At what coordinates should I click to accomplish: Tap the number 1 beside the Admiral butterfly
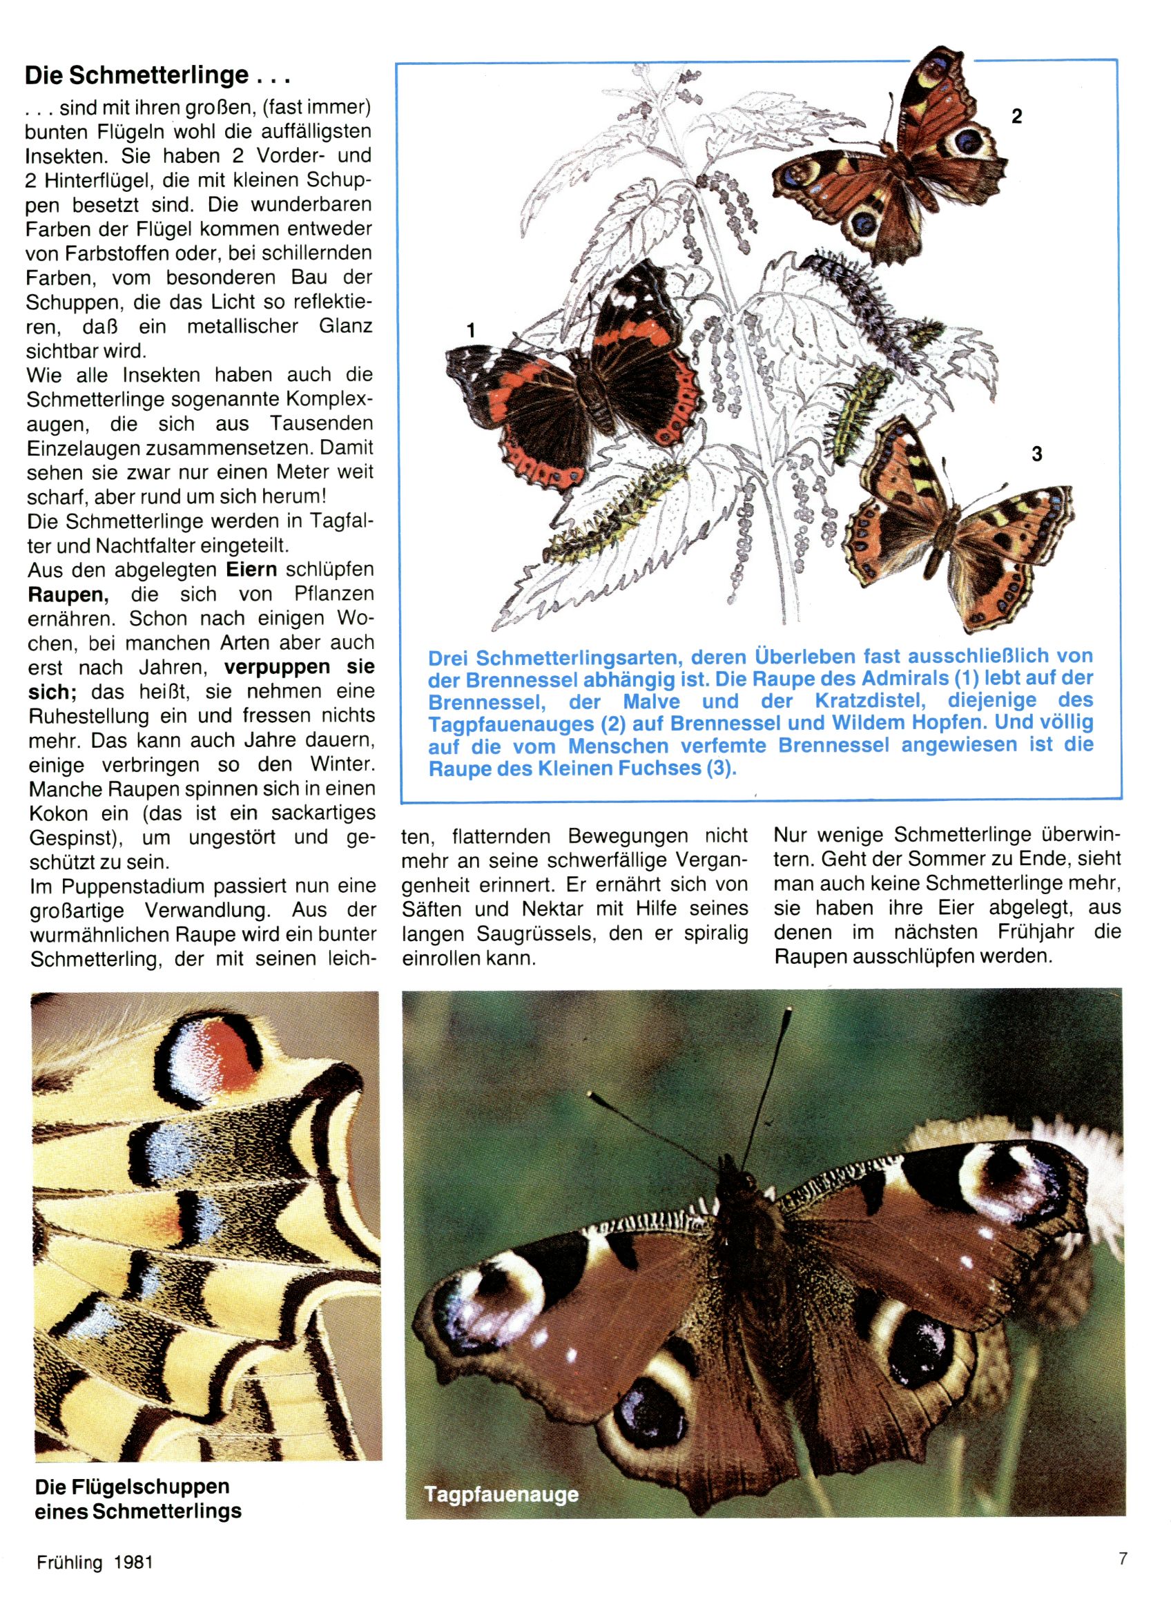pos(471,331)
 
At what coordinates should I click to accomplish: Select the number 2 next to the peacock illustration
pos(1016,116)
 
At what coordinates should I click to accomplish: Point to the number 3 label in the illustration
pos(1036,454)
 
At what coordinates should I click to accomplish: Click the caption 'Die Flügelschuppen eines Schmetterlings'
pos(137,1499)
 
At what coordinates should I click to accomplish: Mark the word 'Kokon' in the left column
pos(58,814)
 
